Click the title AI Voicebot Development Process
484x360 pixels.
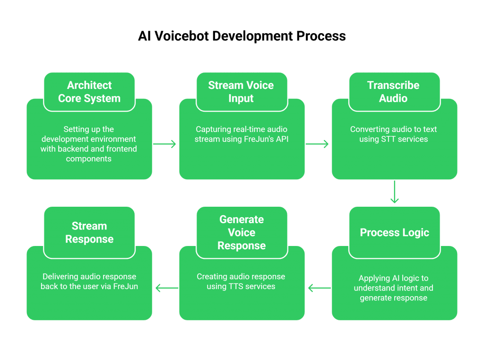point(242,36)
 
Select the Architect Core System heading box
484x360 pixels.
point(89,92)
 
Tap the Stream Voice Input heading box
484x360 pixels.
point(242,92)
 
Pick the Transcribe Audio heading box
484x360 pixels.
point(394,92)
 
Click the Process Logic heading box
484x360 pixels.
point(394,232)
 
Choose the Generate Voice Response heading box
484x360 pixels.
point(242,232)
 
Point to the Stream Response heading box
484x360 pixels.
point(89,232)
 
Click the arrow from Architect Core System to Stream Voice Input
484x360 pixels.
point(165,144)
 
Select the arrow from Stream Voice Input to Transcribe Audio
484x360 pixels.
point(317,144)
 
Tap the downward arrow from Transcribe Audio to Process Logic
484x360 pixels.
point(394,192)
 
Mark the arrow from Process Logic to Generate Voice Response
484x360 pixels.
point(319,287)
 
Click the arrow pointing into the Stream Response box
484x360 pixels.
point(166,287)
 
